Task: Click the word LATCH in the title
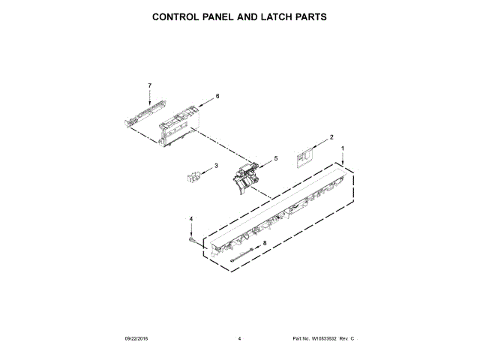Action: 269,16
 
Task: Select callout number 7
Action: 149,85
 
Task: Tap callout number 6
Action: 217,96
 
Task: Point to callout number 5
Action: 275,158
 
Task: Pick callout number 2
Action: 331,137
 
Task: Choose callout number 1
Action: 343,148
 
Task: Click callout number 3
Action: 216,166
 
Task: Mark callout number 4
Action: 191,219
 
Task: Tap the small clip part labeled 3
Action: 193,177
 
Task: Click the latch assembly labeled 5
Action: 245,177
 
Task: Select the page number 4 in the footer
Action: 239,340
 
